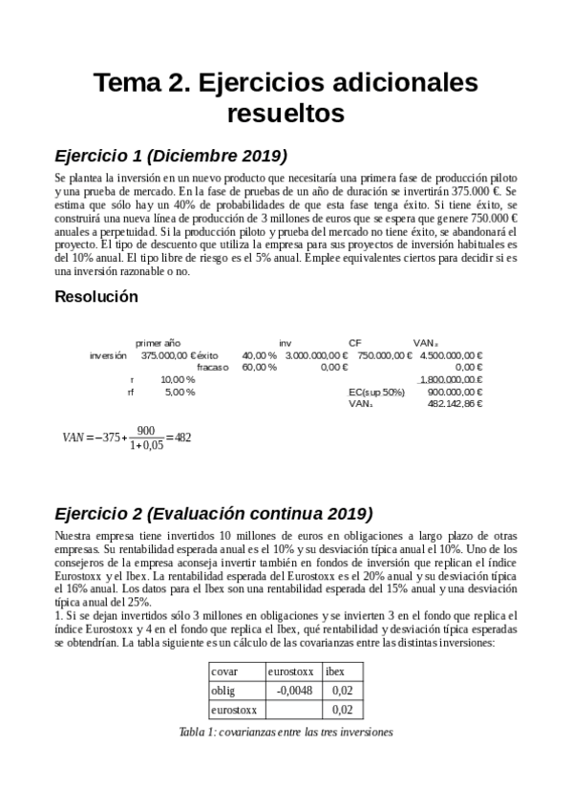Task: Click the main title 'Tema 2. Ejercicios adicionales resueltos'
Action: pyautogui.click(x=286, y=98)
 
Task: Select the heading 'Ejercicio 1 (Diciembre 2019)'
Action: pyautogui.click(x=171, y=156)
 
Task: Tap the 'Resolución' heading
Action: pyautogui.click(x=96, y=297)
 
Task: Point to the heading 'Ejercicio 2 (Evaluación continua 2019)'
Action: pyautogui.click(x=214, y=511)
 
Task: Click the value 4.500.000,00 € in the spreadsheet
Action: pyautogui.click(x=451, y=355)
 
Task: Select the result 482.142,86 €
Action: pyautogui.click(x=455, y=404)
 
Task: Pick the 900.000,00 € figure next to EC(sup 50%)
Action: pyautogui.click(x=455, y=392)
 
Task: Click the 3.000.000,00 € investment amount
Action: pyautogui.click(x=316, y=355)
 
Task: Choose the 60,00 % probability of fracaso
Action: pyautogui.click(x=260, y=367)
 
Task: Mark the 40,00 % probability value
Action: pyautogui.click(x=260, y=355)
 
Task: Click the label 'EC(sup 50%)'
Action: pyautogui.click(x=376, y=392)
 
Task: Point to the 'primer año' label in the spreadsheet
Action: pyautogui.click(x=159, y=342)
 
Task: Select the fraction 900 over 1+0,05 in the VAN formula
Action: pyautogui.click(x=146, y=437)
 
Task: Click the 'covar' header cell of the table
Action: pyautogui.click(x=224, y=671)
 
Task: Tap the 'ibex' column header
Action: pyautogui.click(x=336, y=671)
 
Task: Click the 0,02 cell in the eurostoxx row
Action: pyautogui.click(x=341, y=709)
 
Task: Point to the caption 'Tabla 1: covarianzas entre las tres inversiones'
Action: pyautogui.click(x=286, y=732)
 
